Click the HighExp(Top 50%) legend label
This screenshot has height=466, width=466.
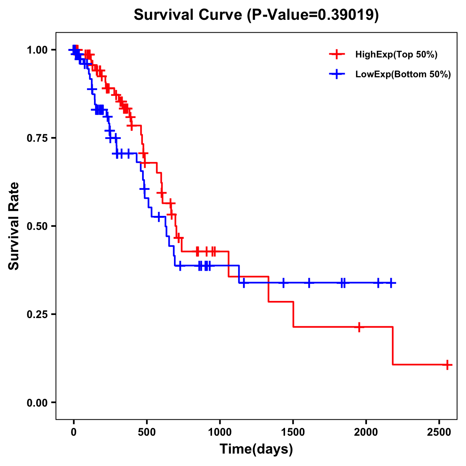[x=396, y=55]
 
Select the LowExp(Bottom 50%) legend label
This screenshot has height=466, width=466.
[x=403, y=75]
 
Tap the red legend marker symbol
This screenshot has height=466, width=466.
[x=337, y=55]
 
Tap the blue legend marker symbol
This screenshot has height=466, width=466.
[x=337, y=75]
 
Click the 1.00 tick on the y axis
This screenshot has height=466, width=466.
[x=37, y=50]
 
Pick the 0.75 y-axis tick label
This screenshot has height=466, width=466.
[x=37, y=138]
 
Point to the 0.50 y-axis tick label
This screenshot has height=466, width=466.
[x=37, y=226]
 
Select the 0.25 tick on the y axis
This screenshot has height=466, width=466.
[x=37, y=315]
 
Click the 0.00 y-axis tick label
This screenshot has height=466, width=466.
[x=37, y=403]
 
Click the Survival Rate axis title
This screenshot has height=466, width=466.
[x=14, y=226]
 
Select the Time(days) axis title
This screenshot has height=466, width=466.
[x=256, y=450]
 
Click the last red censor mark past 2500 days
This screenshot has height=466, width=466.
[x=447, y=365]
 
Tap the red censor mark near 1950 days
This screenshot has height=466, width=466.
[x=359, y=327]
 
